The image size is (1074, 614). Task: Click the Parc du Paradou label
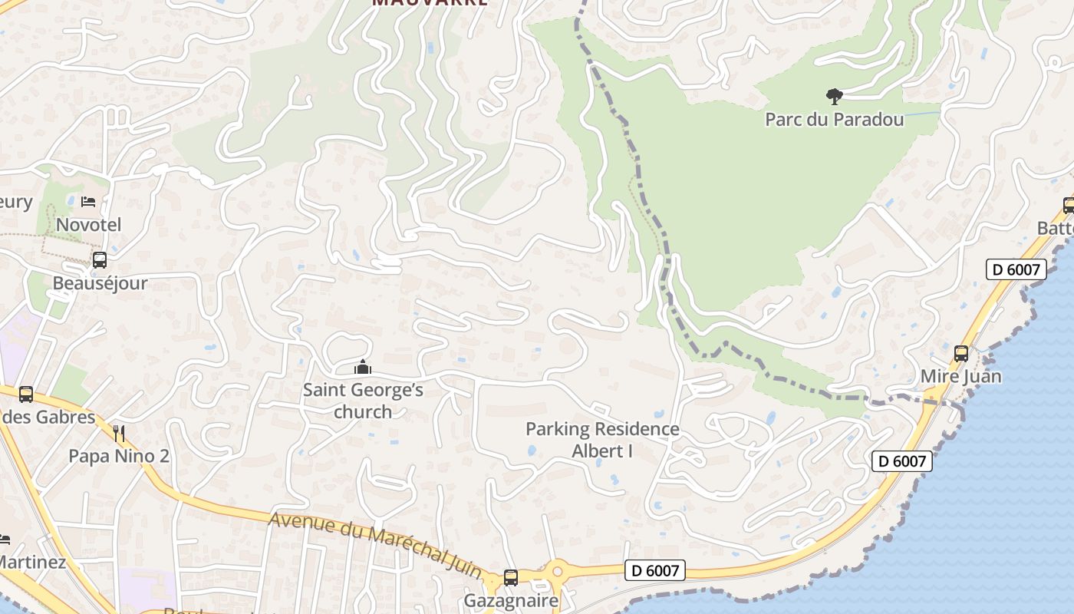coord(834,120)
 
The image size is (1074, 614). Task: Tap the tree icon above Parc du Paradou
coord(834,96)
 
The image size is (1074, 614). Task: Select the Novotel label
coord(88,225)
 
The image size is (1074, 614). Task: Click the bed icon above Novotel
coord(88,202)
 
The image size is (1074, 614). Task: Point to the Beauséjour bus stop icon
coord(100,260)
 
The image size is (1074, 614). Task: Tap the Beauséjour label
coord(100,283)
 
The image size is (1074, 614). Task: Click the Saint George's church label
coord(363,401)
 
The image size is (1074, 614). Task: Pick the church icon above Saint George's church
coord(363,368)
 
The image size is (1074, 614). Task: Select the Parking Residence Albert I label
coord(602,440)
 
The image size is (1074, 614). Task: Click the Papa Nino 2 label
coord(119,457)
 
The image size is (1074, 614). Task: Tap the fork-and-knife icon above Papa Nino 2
coord(119,434)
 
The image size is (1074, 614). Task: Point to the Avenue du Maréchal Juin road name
coord(375,546)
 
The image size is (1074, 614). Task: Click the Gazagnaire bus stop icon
coord(511,578)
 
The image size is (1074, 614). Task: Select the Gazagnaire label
coord(511,600)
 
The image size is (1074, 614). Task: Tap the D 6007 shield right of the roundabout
coord(654,570)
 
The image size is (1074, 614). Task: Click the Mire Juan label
coord(960,377)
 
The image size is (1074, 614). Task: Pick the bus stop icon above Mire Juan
coord(960,354)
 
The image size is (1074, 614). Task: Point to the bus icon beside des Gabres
coord(25,394)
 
